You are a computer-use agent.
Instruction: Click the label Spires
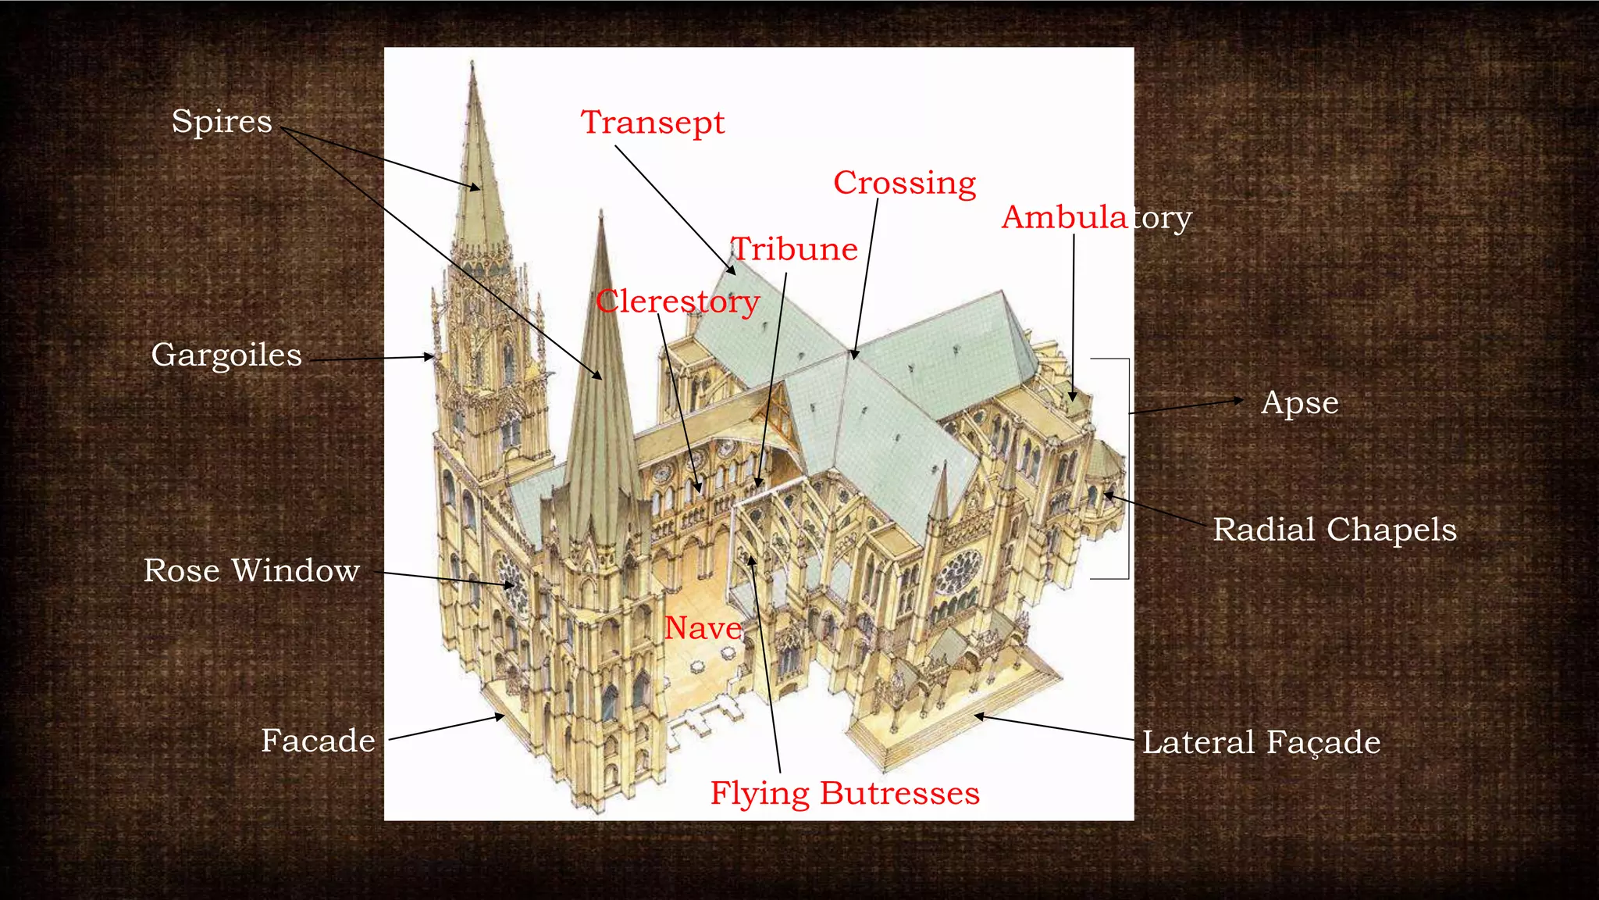click(222, 122)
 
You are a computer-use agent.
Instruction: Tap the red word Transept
click(652, 123)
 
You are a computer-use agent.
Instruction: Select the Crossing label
click(904, 183)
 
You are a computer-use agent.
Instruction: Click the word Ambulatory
click(1096, 217)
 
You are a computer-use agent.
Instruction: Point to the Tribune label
click(794, 249)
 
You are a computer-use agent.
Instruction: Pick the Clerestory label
click(677, 302)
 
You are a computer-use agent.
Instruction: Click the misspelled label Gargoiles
click(226, 355)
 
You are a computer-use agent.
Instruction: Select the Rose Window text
click(251, 570)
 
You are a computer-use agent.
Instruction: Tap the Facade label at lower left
click(318, 741)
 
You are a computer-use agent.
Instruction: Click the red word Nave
click(703, 628)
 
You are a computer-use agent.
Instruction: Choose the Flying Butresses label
click(844, 793)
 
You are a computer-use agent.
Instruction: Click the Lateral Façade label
click(1260, 742)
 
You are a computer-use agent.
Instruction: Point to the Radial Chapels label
click(1334, 530)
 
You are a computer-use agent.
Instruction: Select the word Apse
click(1299, 403)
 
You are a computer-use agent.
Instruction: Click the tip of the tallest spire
click(472, 64)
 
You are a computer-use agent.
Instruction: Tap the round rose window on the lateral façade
click(958, 572)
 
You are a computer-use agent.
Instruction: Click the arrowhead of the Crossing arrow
click(855, 355)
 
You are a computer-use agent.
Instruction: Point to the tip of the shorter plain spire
click(600, 212)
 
